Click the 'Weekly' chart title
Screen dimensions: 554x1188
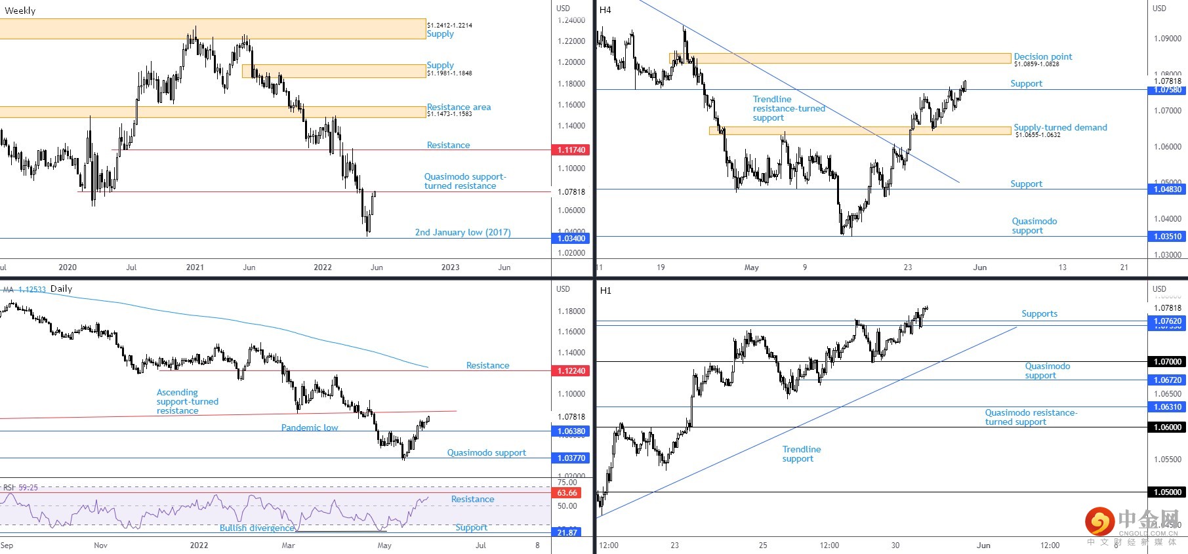point(20,10)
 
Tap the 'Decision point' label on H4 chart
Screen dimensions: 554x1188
point(1042,56)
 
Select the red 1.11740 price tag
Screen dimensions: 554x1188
point(571,150)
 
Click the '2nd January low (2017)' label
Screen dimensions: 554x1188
point(462,232)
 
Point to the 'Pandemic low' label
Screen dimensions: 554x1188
point(310,427)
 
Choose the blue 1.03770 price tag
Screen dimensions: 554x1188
point(571,458)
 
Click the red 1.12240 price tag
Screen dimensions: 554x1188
point(571,371)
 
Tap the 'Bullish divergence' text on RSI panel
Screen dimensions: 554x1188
point(257,528)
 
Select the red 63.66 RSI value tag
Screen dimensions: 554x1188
point(567,493)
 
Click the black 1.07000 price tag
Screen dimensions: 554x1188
point(1168,362)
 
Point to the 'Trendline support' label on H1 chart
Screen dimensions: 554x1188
point(801,454)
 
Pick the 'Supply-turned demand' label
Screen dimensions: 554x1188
point(1060,127)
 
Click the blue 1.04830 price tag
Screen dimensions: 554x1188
point(1168,189)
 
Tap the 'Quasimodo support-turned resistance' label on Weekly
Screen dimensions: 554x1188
point(465,181)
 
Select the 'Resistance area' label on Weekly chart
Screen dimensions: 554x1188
point(459,107)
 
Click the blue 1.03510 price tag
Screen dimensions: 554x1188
point(1168,237)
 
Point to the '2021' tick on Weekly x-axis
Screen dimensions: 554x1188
point(195,267)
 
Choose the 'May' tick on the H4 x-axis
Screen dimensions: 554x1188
point(752,267)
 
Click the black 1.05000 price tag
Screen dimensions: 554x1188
point(1168,492)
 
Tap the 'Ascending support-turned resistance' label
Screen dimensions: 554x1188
point(187,401)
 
